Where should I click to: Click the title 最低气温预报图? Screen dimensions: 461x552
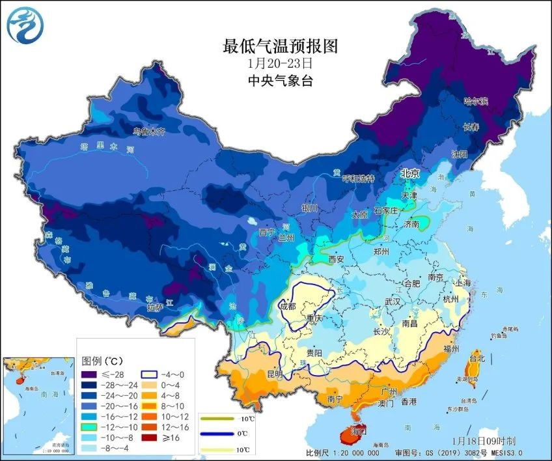coord(281,46)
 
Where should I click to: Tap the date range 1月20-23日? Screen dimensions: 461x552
coord(281,64)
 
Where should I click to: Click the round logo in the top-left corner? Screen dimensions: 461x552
coord(24,25)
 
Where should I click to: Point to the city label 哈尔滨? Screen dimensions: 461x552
coord(475,101)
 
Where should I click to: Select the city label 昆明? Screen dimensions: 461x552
coord(274,374)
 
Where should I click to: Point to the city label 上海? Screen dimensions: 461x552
coord(463,283)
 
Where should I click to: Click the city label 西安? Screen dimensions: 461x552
coord(336,258)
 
